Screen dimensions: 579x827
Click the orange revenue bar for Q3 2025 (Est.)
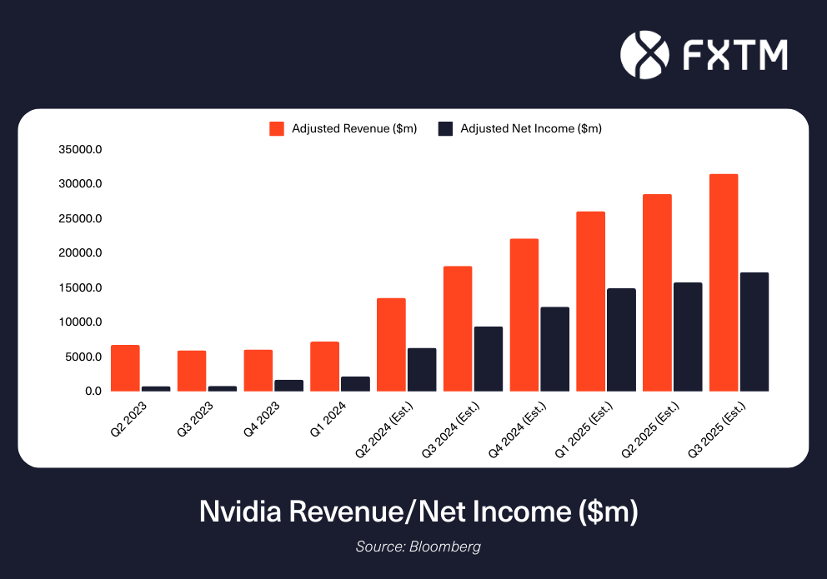click(723, 282)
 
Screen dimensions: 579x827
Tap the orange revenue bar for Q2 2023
click(125, 367)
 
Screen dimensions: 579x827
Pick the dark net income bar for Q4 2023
click(289, 386)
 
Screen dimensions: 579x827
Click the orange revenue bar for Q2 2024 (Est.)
click(391, 344)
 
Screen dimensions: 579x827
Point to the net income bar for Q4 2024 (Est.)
click(554, 349)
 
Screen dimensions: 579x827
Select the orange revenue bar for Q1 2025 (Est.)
click(590, 301)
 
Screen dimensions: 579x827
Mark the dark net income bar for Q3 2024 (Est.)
click(489, 358)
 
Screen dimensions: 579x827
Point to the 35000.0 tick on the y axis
click(81, 150)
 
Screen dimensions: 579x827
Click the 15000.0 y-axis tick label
click(81, 288)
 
